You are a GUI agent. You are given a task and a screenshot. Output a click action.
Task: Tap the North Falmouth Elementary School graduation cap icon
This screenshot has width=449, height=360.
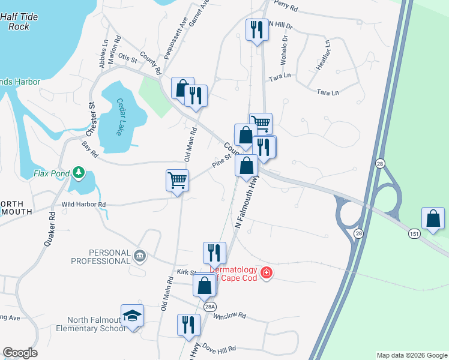tap(132, 316)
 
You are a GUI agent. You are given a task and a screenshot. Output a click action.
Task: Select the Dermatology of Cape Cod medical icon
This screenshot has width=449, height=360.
tap(267, 274)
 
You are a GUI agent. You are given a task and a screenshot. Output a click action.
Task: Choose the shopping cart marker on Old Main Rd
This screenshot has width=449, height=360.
tap(178, 180)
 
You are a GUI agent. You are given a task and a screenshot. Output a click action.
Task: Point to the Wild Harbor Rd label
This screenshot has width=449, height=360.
tap(83, 205)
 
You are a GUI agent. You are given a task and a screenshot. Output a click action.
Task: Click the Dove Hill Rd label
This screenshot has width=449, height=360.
tap(219, 348)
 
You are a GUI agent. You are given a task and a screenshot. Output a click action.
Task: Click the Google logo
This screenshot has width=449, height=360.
tap(20, 353)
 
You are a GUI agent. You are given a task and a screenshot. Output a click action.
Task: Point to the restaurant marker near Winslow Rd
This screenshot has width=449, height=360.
tap(188, 325)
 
